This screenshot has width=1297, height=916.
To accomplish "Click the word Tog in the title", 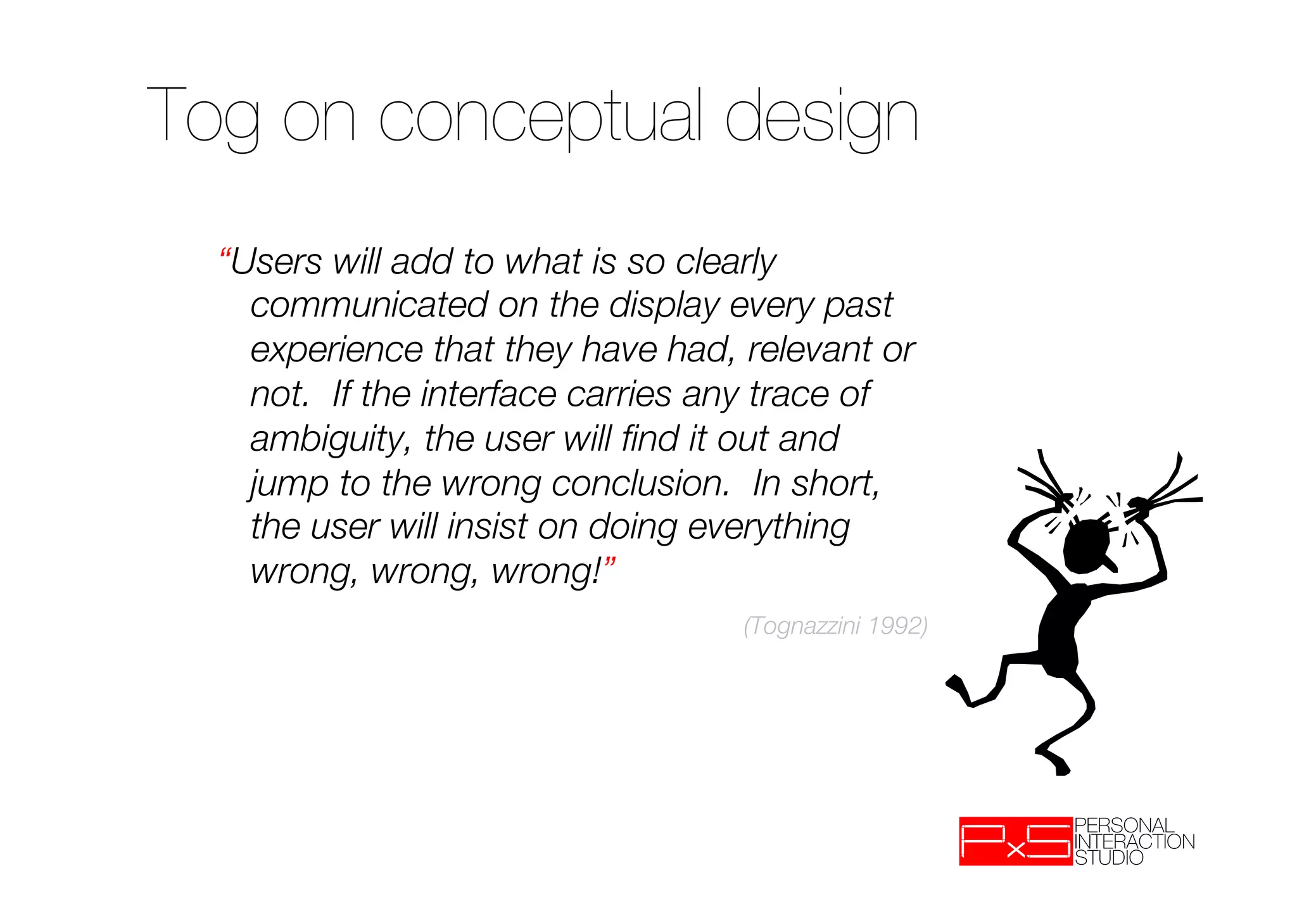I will tap(203, 117).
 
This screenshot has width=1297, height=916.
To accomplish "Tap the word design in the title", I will tap(821, 117).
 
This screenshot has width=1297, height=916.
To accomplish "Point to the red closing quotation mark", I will tap(610, 562).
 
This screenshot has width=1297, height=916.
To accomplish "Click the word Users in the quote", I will tap(276, 261).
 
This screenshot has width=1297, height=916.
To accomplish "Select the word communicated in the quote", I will tap(369, 305).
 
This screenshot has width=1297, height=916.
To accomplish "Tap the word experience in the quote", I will tap(336, 350).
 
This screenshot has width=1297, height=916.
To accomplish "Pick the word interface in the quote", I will tap(488, 394).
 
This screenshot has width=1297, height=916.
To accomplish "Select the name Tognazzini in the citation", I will tap(805, 626).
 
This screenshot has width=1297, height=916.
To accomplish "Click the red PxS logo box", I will tap(1016, 841).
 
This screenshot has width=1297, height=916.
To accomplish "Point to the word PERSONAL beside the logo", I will tap(1124, 825).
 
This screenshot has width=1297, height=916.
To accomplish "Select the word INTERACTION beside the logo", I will tap(1134, 841).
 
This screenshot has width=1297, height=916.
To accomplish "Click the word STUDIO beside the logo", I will tap(1109, 858).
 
